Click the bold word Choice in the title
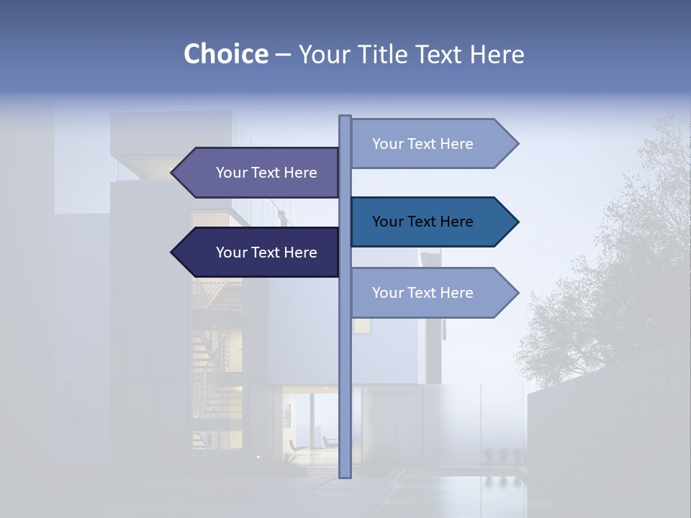pos(225,54)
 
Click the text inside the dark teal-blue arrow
pos(423,222)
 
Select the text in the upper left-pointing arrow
pos(266,173)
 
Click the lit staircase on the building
pos(216,338)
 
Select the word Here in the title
pos(497,54)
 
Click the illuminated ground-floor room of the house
pos(310,424)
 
